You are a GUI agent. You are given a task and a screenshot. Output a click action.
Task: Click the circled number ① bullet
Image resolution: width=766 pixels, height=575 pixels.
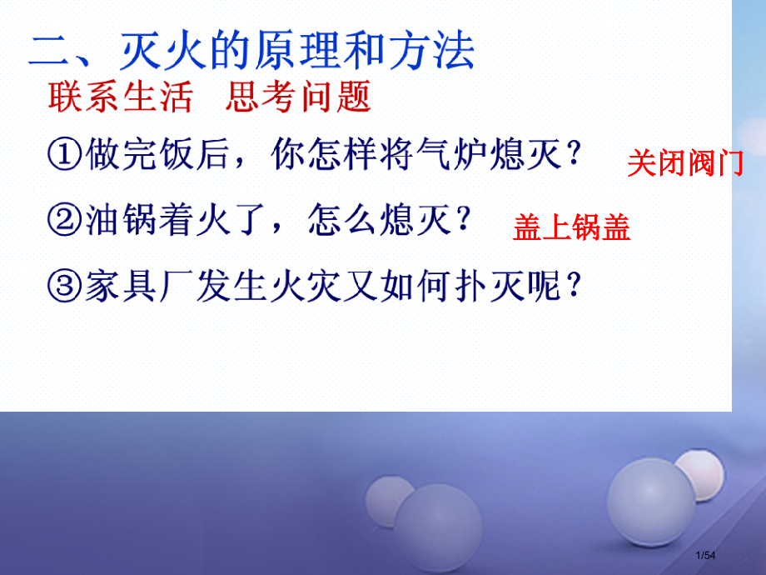65,156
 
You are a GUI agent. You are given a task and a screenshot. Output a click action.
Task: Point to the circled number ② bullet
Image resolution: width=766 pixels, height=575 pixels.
65,221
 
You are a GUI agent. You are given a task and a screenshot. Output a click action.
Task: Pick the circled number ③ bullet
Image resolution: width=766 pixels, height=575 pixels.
65,287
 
